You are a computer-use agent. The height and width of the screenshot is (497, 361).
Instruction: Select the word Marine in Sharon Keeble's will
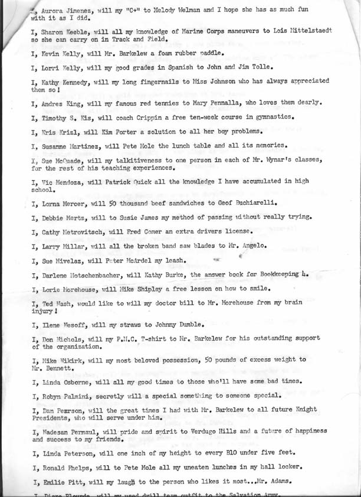(163, 29)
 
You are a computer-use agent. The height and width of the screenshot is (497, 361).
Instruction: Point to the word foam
(154, 54)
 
